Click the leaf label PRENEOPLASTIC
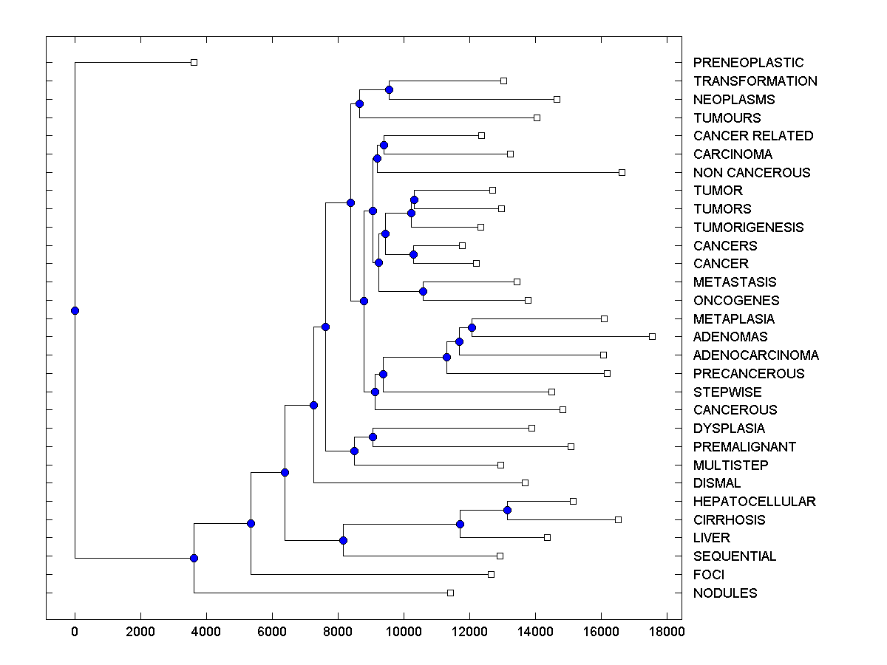tap(748, 63)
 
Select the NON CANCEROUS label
tap(752, 173)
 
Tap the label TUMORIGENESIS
tap(748, 228)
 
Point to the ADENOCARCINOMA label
tap(755, 355)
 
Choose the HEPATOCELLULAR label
tap(754, 502)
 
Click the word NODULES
tap(725, 593)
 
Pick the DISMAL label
tap(717, 483)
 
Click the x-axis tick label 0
tap(75, 632)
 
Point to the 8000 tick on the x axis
tap(338, 632)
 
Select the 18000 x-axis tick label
tap(667, 632)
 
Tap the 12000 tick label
tap(469, 632)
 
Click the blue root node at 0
tap(75, 310)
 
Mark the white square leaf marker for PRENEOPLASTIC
tap(194, 63)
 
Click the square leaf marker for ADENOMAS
tap(652, 336)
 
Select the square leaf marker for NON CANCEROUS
tap(622, 172)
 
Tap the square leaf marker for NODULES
tap(450, 593)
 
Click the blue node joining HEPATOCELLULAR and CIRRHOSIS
tap(507, 510)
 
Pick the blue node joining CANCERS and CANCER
tap(414, 254)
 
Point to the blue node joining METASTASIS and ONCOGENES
tap(423, 291)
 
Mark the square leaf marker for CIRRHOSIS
tap(618, 519)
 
